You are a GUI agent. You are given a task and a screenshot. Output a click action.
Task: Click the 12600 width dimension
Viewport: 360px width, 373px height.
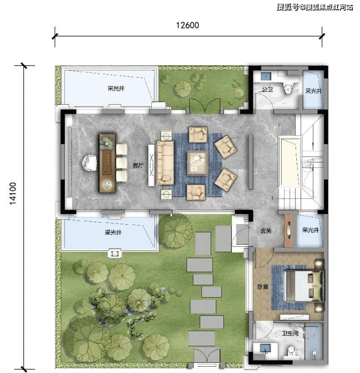[187, 25]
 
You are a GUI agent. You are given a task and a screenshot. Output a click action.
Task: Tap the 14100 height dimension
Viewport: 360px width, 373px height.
[13, 193]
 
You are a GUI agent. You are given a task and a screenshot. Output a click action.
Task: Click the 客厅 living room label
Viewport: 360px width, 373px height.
[138, 165]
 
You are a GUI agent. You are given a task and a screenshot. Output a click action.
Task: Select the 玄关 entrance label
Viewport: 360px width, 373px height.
[266, 231]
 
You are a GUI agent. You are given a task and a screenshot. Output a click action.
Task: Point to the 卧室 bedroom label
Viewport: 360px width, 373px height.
[263, 286]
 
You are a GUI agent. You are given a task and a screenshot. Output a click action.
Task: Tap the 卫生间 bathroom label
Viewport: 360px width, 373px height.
[290, 333]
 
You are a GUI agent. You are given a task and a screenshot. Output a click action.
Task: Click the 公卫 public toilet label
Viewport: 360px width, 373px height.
[268, 89]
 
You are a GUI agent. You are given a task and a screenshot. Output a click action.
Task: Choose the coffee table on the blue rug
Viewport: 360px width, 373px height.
[197, 163]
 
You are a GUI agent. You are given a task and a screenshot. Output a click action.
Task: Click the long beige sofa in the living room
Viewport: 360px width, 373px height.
[165, 163]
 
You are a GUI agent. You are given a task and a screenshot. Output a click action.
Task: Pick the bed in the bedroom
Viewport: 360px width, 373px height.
[304, 285]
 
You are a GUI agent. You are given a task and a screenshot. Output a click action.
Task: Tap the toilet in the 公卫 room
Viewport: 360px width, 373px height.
[288, 88]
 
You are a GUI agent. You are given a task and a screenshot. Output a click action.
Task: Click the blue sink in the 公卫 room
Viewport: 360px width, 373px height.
[266, 76]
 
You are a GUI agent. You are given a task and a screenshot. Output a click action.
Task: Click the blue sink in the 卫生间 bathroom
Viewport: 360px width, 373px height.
[265, 348]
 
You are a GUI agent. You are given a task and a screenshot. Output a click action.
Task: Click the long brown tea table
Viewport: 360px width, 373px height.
[108, 163]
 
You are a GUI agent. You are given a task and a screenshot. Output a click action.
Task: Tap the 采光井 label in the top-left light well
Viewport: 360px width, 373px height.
[116, 89]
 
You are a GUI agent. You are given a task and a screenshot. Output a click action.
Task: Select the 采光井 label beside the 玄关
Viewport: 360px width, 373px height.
[310, 230]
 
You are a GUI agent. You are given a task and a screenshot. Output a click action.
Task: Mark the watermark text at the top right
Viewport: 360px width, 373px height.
[315, 7]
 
